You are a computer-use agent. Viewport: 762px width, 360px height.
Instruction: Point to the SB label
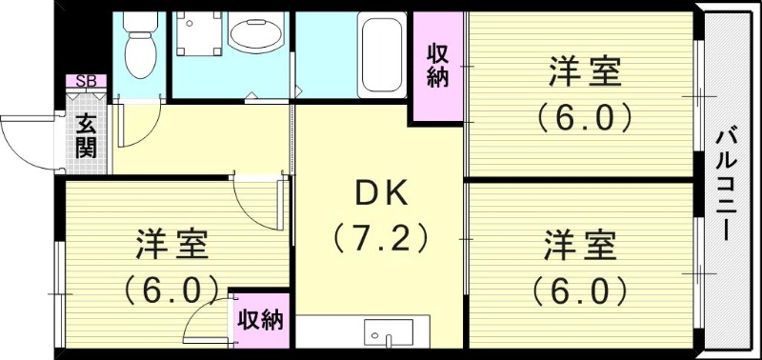click(86, 81)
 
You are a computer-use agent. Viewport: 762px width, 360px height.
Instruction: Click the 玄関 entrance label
click(86, 134)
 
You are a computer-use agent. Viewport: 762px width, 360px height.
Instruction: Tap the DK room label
click(381, 194)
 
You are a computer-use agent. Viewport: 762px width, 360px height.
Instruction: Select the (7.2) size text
click(380, 236)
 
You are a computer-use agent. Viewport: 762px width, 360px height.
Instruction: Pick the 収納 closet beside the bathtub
click(437, 67)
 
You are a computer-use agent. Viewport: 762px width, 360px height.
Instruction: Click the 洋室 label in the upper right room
click(584, 72)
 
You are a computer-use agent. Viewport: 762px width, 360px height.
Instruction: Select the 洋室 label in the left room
click(171, 245)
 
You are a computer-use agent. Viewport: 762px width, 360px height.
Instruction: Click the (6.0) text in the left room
click(171, 287)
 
